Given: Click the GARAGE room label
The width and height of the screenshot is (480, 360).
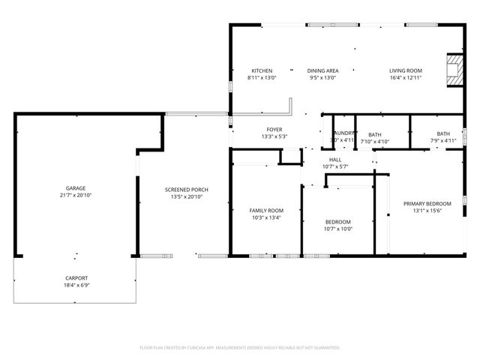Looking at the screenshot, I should click(75, 188).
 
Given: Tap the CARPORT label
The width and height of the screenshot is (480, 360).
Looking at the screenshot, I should click(75, 278).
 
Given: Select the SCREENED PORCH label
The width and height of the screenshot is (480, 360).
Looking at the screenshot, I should click(187, 190).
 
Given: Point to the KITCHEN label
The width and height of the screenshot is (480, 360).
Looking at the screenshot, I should click(262, 70).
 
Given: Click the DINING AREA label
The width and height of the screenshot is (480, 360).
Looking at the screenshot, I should click(322, 70).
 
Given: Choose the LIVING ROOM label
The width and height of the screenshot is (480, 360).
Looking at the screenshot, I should click(406, 70).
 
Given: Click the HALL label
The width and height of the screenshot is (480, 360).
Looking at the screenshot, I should click(335, 160).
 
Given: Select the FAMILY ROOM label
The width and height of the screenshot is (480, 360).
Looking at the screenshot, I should click(266, 211).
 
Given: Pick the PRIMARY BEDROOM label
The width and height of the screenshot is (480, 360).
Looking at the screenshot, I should click(427, 204).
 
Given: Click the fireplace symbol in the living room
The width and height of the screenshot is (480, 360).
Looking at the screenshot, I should click(454, 71).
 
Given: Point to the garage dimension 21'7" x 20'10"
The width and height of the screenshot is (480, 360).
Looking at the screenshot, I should click(75, 195).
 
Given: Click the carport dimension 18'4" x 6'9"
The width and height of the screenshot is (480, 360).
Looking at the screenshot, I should click(75, 286).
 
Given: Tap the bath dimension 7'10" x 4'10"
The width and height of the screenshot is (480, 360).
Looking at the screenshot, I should click(374, 141).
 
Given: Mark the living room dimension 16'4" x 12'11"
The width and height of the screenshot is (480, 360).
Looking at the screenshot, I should click(406, 77).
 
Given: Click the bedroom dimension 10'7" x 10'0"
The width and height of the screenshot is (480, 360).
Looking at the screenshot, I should click(338, 229).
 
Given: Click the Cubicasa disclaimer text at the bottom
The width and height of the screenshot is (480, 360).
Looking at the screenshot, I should click(240, 348).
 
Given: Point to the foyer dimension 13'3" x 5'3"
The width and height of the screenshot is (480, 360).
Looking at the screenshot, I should click(274, 136).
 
